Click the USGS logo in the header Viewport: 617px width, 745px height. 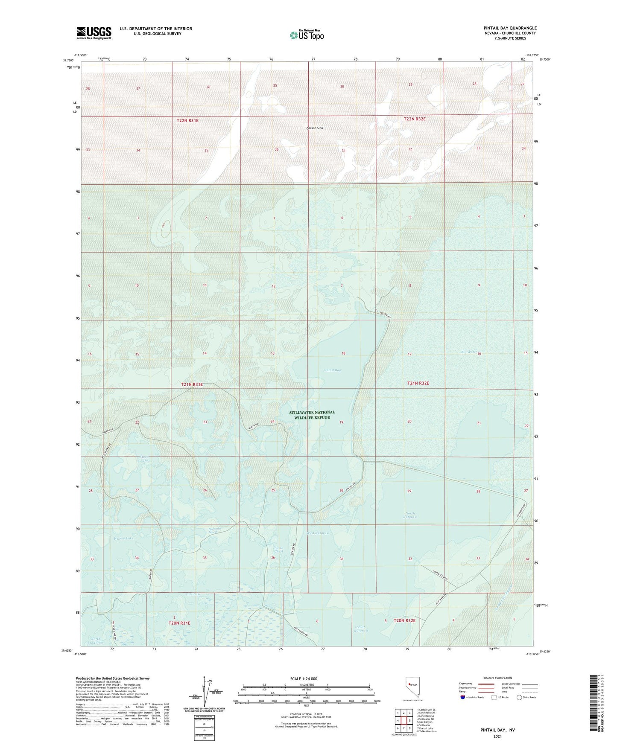(x=94, y=33)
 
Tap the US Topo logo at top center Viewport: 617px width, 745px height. (x=307, y=35)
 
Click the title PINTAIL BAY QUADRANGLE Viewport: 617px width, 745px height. (x=510, y=28)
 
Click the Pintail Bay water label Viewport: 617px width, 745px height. (x=332, y=370)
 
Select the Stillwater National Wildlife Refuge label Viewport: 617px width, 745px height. (x=312, y=415)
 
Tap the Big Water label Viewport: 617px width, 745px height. (x=469, y=352)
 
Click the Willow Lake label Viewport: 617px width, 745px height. (x=123, y=538)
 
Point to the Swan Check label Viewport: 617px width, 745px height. (x=279, y=550)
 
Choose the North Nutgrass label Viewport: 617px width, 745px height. (x=409, y=515)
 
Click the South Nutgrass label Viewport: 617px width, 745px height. (x=361, y=629)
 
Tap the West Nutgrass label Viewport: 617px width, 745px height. (x=318, y=533)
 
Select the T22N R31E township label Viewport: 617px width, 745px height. (x=187, y=121)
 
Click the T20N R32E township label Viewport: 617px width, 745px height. (x=404, y=620)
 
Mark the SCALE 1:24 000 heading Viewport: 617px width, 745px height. (x=304, y=679)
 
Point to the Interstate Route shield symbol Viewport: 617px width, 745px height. (x=463, y=697)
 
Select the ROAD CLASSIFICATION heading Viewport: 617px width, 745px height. (x=497, y=678)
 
